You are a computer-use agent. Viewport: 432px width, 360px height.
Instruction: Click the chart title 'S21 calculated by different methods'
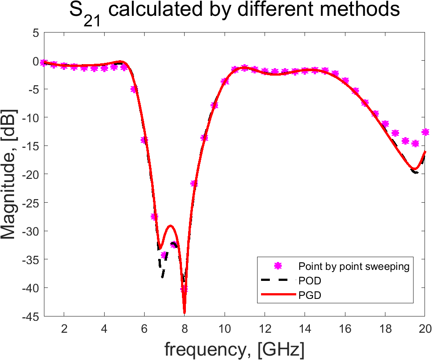tap(234, 12)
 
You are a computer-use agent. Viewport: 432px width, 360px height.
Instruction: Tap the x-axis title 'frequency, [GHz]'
tap(235, 349)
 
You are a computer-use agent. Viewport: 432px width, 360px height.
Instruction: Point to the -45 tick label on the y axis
tap(31, 317)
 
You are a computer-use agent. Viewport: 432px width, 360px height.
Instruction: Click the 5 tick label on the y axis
tap(36, 33)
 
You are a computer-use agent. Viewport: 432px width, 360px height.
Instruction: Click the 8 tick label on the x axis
tap(184, 329)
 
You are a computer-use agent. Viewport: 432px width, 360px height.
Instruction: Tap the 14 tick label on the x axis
tap(305, 329)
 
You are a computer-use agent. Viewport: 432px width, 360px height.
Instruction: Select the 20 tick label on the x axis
tap(425, 329)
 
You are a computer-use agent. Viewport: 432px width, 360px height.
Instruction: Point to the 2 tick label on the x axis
tap(64, 329)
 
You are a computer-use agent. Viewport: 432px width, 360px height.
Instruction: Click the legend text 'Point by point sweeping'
tap(354, 266)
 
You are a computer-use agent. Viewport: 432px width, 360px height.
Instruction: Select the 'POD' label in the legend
tap(310, 281)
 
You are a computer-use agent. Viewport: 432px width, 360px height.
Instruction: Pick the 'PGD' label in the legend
tap(310, 295)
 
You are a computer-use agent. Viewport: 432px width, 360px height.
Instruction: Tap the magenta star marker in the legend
tap(278, 266)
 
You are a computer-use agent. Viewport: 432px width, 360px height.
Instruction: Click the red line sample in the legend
tap(278, 295)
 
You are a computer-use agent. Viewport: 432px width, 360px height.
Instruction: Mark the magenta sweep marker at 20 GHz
tap(425, 132)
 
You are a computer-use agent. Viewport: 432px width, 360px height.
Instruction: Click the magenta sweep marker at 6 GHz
tap(144, 140)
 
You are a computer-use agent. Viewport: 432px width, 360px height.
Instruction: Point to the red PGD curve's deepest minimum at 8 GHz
tap(184, 313)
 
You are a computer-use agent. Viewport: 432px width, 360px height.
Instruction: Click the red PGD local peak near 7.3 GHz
tap(171, 226)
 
